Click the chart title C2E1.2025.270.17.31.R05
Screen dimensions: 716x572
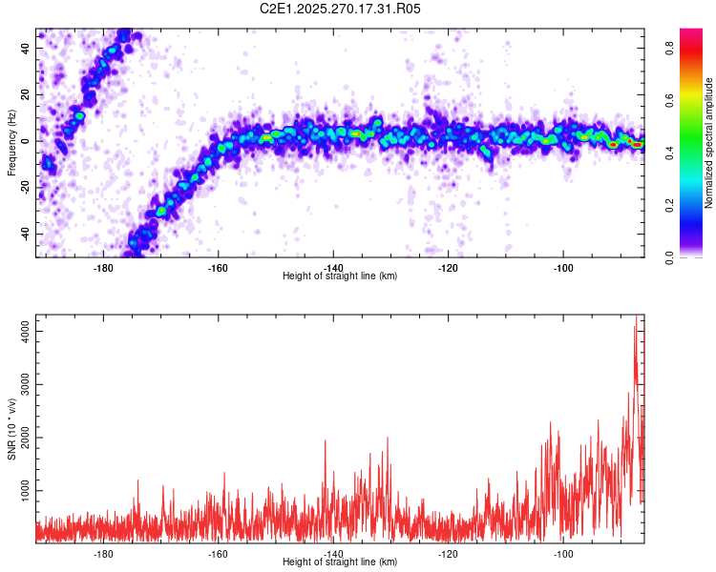click(x=340, y=9)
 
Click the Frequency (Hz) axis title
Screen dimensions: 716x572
click(x=11, y=142)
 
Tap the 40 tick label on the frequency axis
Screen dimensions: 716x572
click(x=25, y=48)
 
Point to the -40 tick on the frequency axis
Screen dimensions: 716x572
click(x=25, y=234)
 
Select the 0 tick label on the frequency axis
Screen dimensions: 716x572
click(x=25, y=141)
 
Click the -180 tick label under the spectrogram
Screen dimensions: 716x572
click(x=103, y=268)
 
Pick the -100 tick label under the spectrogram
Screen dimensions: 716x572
click(x=563, y=268)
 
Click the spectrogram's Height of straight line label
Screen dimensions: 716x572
click(x=340, y=276)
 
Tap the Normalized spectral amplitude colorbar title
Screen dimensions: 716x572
click(x=708, y=142)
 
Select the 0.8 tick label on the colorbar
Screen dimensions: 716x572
click(x=669, y=48)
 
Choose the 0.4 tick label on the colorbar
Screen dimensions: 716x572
click(x=669, y=153)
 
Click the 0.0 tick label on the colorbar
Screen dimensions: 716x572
click(x=669, y=257)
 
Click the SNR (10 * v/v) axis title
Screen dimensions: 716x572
click(x=11, y=429)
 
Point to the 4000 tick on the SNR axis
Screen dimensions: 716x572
click(x=25, y=331)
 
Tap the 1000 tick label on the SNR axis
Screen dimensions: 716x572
click(x=25, y=490)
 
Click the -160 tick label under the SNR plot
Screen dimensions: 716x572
click(x=219, y=554)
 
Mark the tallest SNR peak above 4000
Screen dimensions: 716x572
click(x=636, y=316)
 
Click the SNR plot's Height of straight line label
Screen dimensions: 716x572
click(x=340, y=562)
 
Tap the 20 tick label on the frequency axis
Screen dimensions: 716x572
click(x=25, y=94)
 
